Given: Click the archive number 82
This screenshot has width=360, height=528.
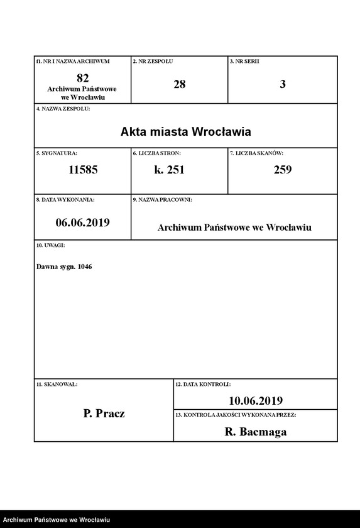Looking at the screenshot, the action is [x=82, y=78].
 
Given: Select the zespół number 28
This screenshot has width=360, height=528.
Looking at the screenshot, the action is [x=179, y=84].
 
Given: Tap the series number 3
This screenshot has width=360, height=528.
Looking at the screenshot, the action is [x=282, y=84].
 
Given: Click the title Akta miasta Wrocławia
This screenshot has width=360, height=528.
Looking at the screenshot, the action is [x=185, y=132].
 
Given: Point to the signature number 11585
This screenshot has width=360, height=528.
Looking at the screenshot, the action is [x=82, y=170].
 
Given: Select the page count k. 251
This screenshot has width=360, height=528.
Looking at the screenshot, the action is [x=169, y=170].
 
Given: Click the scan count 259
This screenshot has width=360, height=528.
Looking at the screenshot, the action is [x=282, y=170].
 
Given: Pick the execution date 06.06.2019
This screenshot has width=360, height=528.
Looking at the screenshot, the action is [x=82, y=222].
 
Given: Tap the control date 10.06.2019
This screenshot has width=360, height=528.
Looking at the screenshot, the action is [x=256, y=400].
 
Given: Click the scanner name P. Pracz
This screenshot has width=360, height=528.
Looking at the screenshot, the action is [x=104, y=414].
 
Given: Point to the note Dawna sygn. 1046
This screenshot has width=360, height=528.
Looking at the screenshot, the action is [x=64, y=267].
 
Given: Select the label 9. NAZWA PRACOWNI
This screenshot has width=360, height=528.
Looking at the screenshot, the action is [x=163, y=199].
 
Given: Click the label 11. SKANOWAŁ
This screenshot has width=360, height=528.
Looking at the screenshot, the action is [x=57, y=383].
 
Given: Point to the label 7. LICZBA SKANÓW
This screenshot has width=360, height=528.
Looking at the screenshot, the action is [x=257, y=153].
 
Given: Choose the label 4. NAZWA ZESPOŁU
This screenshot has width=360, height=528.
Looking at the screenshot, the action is [x=63, y=109].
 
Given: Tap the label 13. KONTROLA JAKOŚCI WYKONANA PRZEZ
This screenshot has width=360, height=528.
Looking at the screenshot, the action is [x=236, y=415].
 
